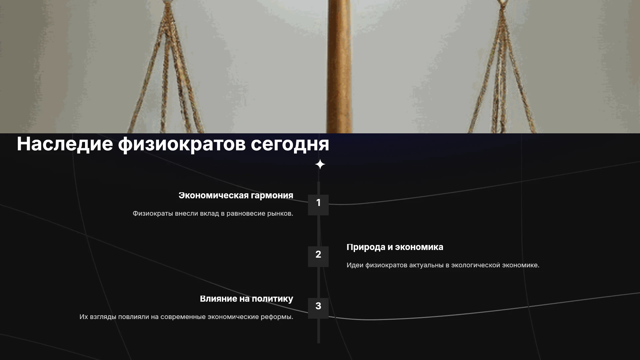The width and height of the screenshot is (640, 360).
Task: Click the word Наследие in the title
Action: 65,144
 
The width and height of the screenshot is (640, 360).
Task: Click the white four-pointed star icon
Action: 320,164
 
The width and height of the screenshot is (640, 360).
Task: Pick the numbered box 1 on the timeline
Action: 318,205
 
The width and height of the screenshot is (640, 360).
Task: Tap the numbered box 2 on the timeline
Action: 318,257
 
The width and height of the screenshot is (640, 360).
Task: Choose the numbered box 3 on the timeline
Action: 318,308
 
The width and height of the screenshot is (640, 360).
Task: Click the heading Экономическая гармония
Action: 236,196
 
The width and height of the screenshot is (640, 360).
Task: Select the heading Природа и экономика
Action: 395,247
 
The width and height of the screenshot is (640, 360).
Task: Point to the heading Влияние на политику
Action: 247,299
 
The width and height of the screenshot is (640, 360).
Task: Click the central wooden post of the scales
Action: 339,67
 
